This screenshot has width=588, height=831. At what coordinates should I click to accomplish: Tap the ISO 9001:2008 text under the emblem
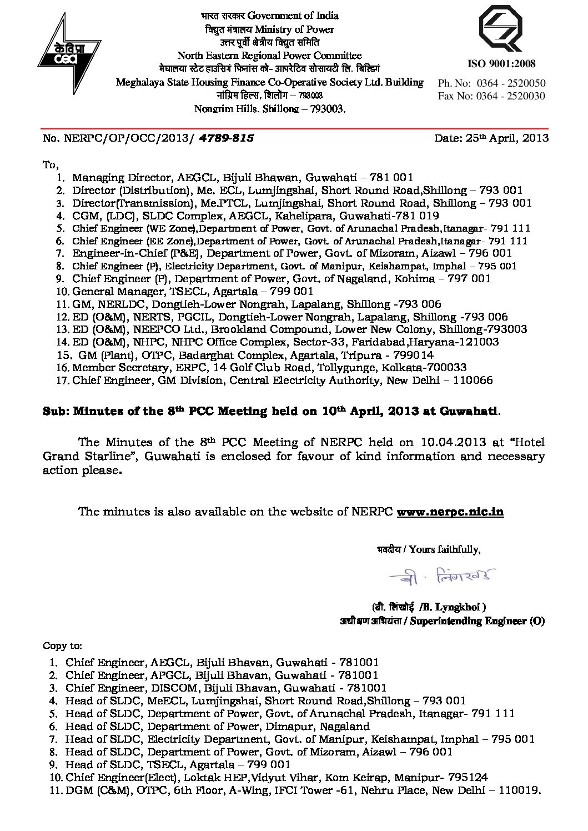[x=501, y=63]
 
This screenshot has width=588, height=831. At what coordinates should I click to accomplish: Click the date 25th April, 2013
[x=491, y=138]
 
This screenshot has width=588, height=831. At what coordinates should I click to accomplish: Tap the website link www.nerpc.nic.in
[x=450, y=512]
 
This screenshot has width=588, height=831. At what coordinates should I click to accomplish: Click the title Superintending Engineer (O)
[x=477, y=621]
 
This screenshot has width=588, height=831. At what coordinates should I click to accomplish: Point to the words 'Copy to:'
[x=62, y=645]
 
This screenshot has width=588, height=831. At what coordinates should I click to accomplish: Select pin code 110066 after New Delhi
[x=473, y=381]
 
